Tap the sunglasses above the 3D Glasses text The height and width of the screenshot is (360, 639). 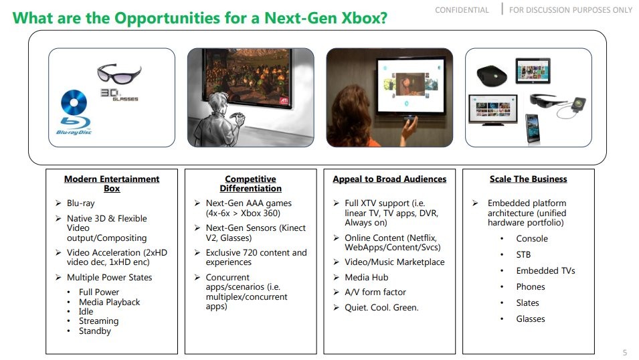pyautogui.click(x=119, y=72)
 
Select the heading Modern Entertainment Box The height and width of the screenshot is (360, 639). pyautogui.click(x=112, y=183)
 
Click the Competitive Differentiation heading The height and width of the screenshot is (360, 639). pyautogui.click(x=250, y=183)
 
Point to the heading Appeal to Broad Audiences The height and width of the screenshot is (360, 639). pyautogui.click(x=389, y=179)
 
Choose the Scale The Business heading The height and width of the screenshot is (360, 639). pyautogui.click(x=528, y=179)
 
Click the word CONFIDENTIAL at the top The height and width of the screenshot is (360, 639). pyautogui.click(x=462, y=10)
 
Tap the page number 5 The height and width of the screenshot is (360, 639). pyautogui.click(x=625, y=352)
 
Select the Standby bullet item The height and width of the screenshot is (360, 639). pyautogui.click(x=94, y=331)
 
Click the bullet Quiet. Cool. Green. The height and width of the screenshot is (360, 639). pyautogui.click(x=381, y=307)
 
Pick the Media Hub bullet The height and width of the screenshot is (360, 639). pyautogui.click(x=366, y=277)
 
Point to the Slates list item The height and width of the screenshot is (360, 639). pyautogui.click(x=527, y=302)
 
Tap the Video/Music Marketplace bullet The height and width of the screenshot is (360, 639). pyautogui.click(x=394, y=262)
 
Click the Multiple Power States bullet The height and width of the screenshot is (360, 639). pyautogui.click(x=109, y=277)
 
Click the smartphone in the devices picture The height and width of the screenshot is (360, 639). pyautogui.click(x=532, y=128)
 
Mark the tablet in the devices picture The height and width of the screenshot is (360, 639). pyautogui.click(x=533, y=70)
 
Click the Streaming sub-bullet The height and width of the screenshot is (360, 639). pyautogui.click(x=98, y=321)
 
